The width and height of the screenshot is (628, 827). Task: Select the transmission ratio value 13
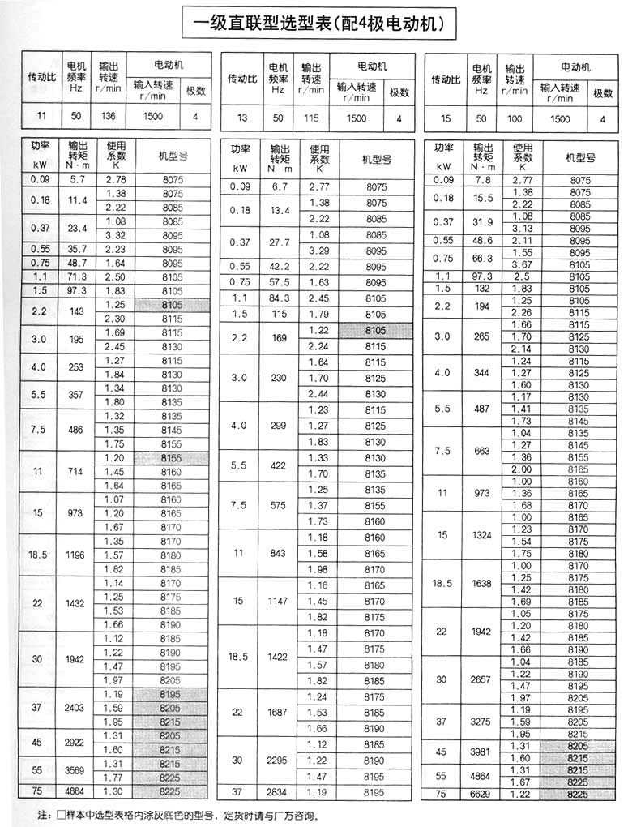coord(241,118)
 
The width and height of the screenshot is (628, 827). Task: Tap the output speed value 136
coord(108,116)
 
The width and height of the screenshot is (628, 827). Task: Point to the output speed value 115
coord(311,118)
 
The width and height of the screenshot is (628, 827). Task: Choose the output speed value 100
coord(515,118)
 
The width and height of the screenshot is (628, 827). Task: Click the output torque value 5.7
coord(78,178)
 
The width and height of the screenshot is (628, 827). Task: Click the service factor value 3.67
coord(523,264)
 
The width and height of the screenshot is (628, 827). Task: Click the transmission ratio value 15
coord(444,118)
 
